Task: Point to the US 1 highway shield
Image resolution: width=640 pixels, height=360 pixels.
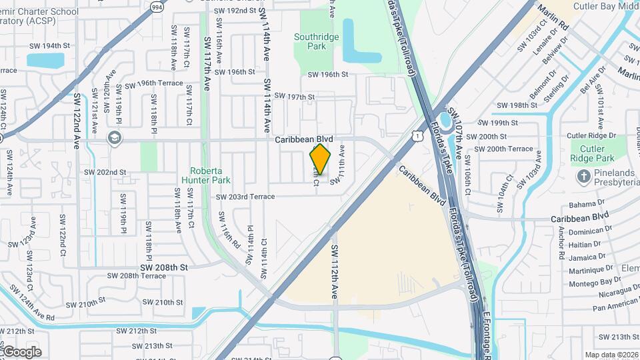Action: tap(417, 136)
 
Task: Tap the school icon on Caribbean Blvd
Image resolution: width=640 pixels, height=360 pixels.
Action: tap(114, 137)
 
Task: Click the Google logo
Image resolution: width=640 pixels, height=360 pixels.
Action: tap(21, 351)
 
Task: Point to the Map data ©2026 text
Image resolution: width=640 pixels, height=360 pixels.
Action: tap(611, 355)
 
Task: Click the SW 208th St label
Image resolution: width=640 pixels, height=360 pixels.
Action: tap(165, 267)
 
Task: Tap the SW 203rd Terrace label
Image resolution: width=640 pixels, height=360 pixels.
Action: tap(245, 197)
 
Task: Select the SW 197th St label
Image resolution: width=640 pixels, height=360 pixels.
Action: tap(293, 97)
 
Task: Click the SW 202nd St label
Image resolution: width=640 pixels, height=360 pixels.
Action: tap(105, 172)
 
